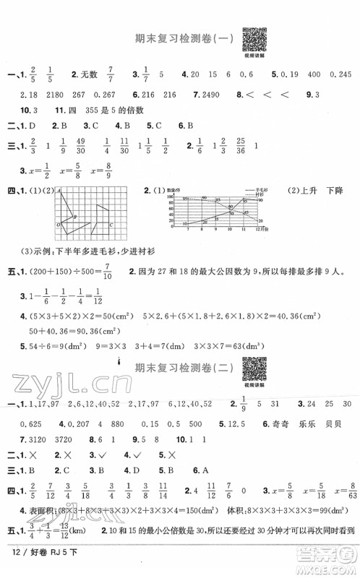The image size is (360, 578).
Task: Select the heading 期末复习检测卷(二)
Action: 179,369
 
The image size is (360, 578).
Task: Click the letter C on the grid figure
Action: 111,225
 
